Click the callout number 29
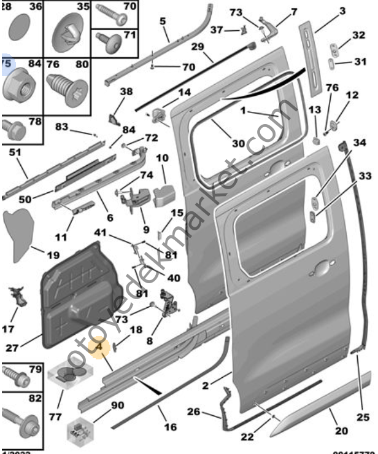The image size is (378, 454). coord(197,47)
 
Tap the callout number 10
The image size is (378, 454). coord(162,159)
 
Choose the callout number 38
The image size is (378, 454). coord(126,92)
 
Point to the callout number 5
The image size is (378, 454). coord(163,22)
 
